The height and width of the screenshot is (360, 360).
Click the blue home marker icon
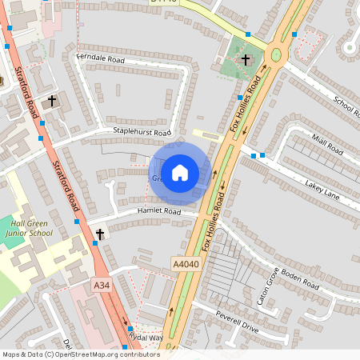pos(180,173)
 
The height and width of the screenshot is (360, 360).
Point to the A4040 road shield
pos(183,262)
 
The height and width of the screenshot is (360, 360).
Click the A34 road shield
pos(101,286)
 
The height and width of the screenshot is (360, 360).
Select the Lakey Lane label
pos(322,189)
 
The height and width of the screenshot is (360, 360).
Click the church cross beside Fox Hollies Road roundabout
pos(246,60)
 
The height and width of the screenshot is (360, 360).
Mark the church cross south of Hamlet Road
pos(100,234)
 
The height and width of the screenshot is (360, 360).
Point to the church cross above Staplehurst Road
pos(54,102)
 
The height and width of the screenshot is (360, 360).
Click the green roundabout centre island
pos(277,55)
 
